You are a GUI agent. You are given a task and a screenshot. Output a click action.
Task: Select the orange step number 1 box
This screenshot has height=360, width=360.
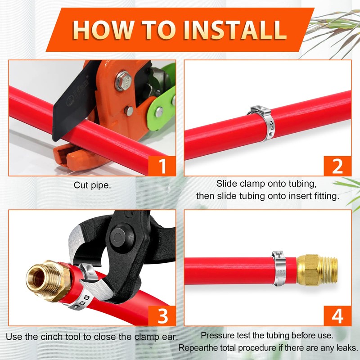click(x=162, y=166)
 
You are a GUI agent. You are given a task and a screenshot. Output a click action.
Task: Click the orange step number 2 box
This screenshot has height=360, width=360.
click(x=337, y=166)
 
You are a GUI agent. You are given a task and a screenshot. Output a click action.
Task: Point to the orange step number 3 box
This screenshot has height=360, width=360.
click(x=162, y=316)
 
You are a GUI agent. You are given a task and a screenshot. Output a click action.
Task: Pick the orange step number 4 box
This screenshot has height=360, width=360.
click(x=337, y=316)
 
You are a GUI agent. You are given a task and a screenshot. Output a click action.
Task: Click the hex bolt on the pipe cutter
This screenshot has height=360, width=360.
click(x=123, y=81)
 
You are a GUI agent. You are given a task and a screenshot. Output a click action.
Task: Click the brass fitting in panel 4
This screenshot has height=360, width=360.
click(x=317, y=270)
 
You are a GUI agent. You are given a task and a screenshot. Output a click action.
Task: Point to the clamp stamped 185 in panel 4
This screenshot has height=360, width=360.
click(x=279, y=269)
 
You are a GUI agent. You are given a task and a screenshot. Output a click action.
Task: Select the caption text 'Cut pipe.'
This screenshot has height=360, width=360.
click(x=92, y=185)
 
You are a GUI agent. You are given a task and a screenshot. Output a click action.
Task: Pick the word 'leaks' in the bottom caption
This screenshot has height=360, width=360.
click(x=346, y=348)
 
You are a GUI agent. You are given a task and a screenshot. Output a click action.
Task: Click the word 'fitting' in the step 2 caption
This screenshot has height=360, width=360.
click(x=327, y=196)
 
